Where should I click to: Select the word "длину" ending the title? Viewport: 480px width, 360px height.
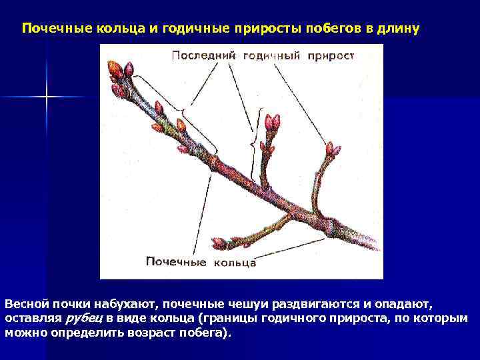[x=399, y=29]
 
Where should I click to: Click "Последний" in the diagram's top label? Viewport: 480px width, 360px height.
[x=204, y=55]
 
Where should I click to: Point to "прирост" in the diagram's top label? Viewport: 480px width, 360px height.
[x=331, y=55]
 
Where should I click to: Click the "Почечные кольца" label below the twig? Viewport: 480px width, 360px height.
[x=201, y=262]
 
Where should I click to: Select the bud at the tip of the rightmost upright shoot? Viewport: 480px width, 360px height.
[x=330, y=148]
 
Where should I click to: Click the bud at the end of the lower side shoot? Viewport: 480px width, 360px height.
[x=219, y=243]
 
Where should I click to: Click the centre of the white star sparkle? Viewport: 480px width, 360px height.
[x=47, y=97]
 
